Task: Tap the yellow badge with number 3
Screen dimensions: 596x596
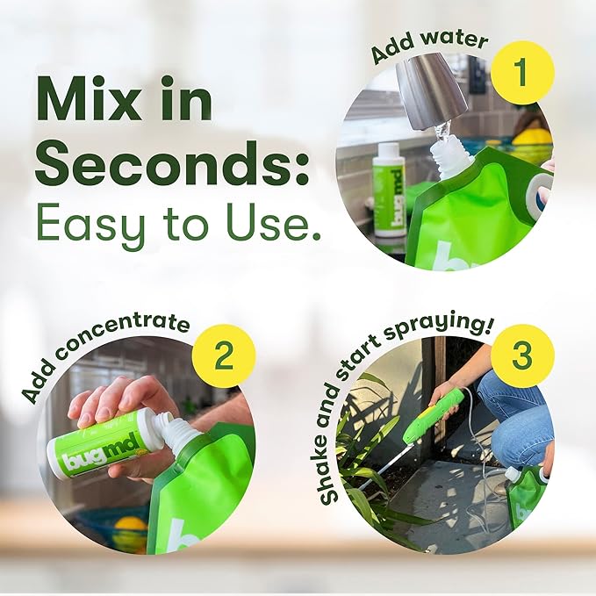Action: (521, 356)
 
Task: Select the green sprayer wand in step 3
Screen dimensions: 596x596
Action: (434, 416)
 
